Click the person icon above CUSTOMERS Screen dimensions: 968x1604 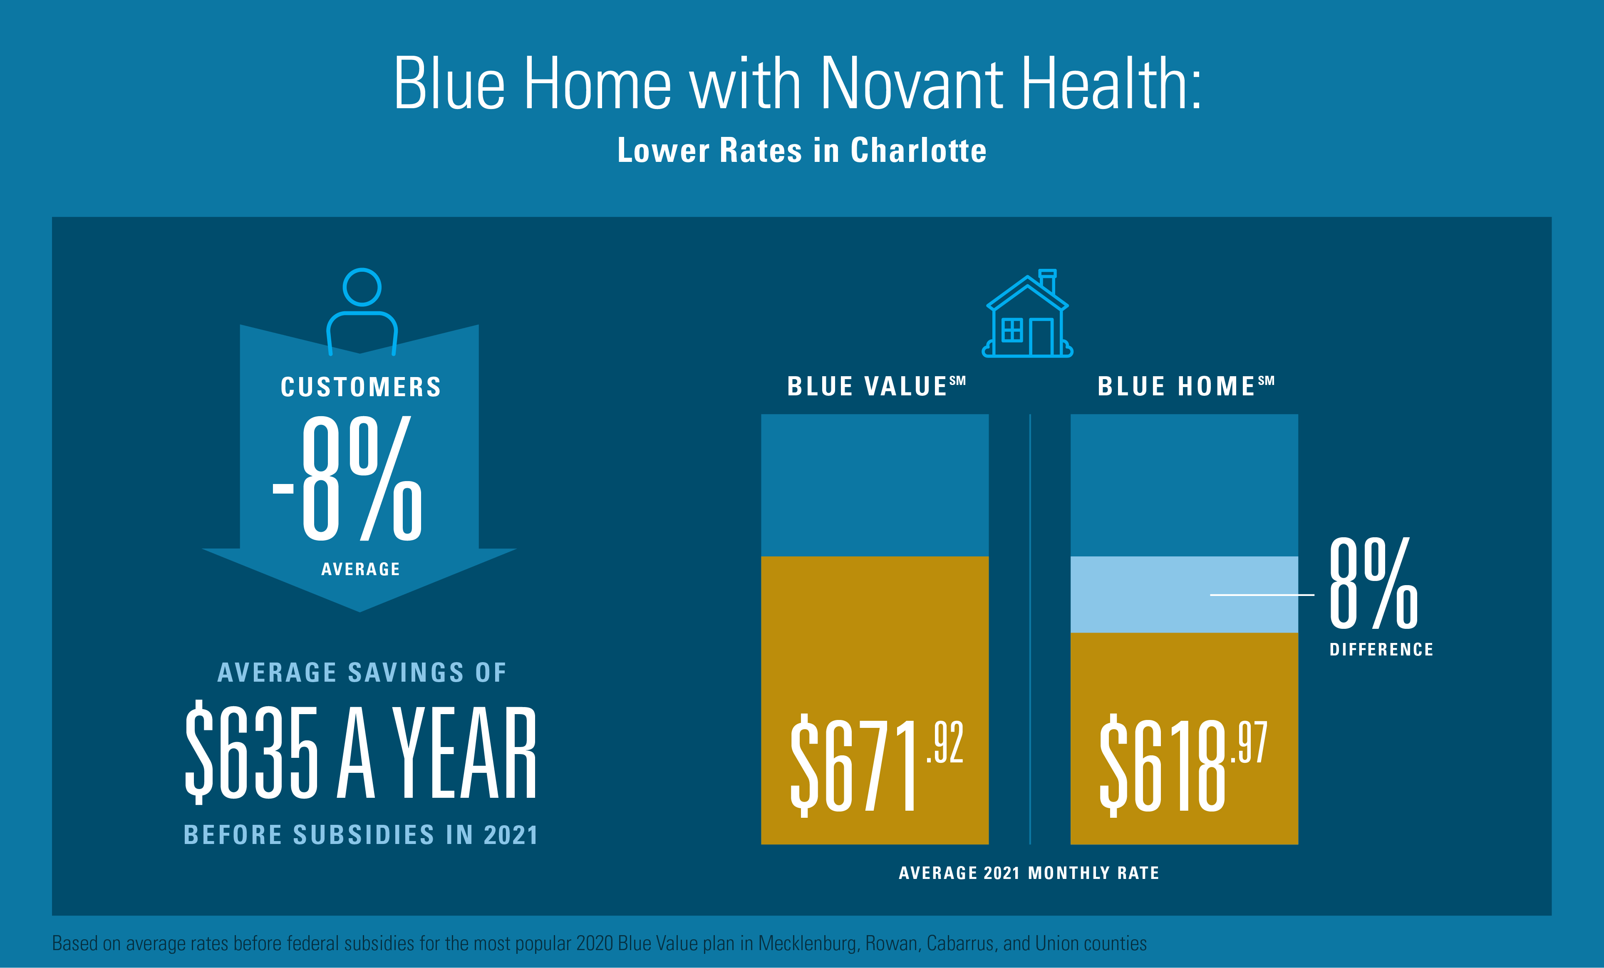pos(362,311)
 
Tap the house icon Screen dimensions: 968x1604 pos(1027,316)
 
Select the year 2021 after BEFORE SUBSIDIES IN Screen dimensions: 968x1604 pos(511,835)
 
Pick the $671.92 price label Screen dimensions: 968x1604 pos(875,765)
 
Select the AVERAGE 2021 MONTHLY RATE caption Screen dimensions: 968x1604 pos(1029,873)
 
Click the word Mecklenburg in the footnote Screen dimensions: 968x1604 pos(807,943)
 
